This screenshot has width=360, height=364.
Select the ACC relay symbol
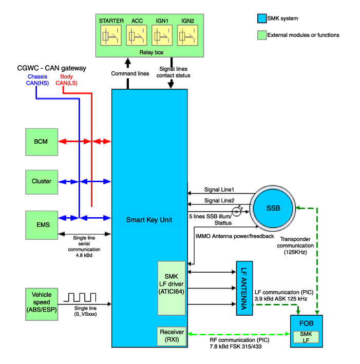pos(137,36)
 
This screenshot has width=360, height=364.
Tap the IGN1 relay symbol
pos(162,36)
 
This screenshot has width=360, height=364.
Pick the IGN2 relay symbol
pos(187,36)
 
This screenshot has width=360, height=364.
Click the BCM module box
pos(41,141)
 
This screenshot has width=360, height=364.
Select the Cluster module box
pos(41,181)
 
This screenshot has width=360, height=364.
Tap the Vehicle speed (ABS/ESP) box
pos(41,302)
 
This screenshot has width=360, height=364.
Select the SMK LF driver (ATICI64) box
pos(170,288)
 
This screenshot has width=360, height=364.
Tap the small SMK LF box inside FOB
pos(306,337)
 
